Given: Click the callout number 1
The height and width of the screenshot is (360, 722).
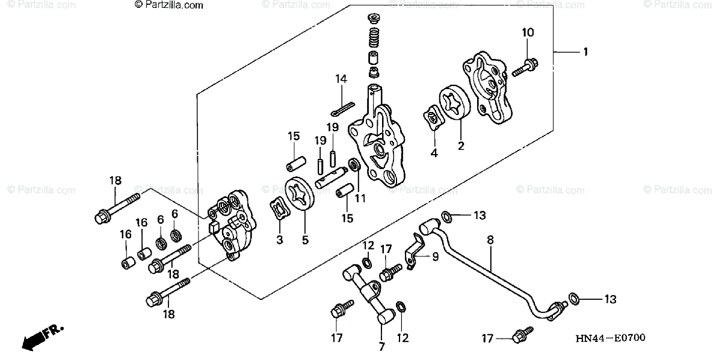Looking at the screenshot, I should point(584,52).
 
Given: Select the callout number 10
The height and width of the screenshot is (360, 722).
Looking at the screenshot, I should point(527,33).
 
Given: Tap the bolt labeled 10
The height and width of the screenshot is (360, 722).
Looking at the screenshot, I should point(525,66).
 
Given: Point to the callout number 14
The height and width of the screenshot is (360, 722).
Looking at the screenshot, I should point(341,79).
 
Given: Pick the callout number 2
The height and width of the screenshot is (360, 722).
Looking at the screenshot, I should point(461,145).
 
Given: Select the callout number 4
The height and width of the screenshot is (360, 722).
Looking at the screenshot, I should point(434,153).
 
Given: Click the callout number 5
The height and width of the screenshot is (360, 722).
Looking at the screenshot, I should point(305,240).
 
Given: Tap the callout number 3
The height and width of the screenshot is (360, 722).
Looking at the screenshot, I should point(280,240).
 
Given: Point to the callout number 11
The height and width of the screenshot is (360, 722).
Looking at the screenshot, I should point(360,197).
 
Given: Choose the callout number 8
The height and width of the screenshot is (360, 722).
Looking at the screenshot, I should point(490,240).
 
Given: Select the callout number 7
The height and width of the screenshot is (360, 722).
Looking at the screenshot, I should point(380,347).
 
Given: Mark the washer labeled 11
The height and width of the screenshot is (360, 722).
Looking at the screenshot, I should point(354,164).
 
